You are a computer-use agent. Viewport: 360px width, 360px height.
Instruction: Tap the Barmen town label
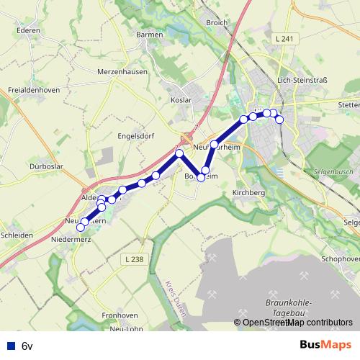tap(150, 34)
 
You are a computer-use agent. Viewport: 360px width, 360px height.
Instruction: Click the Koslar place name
tap(180, 100)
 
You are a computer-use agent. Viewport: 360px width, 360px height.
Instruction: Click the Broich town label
tap(216, 23)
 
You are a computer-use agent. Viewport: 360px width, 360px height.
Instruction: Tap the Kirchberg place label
tap(249, 194)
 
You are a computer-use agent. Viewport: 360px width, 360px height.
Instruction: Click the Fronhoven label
tap(120, 315)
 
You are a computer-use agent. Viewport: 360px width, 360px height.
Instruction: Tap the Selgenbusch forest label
tap(333, 173)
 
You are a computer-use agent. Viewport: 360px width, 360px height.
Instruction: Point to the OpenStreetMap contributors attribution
tap(297, 323)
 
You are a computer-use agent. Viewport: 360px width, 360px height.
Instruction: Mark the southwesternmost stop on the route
tap(80, 228)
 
